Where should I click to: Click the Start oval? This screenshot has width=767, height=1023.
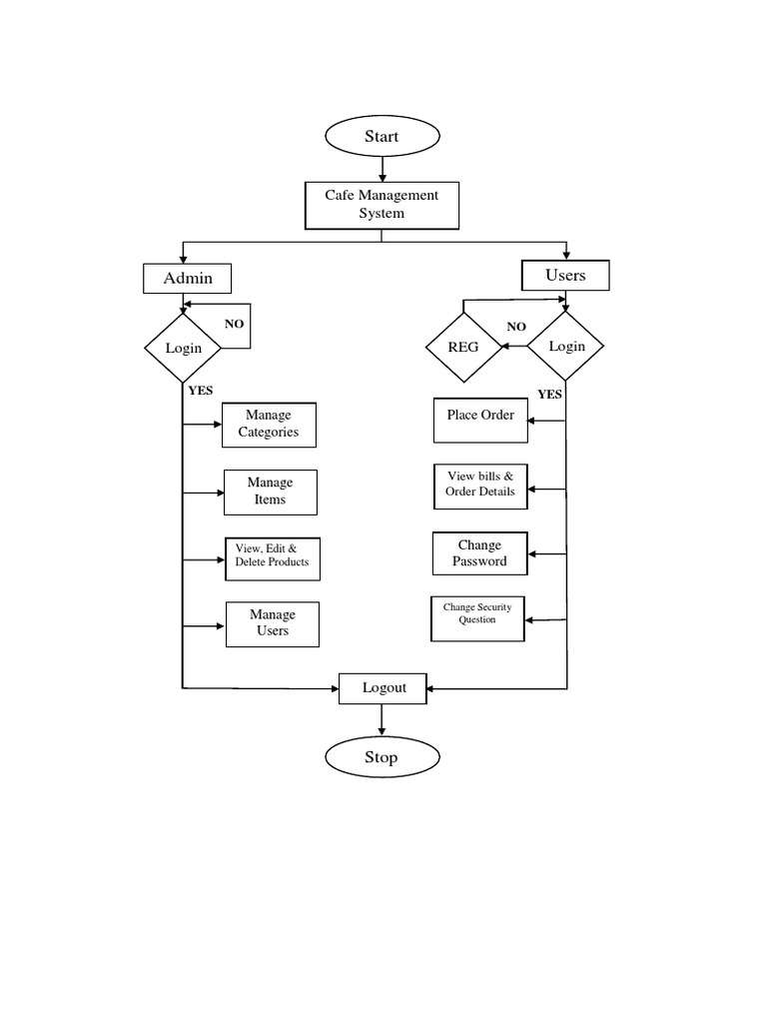coord(382,137)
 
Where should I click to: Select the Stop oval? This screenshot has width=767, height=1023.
coord(382,757)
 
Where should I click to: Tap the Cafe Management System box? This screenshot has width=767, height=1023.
coord(382,205)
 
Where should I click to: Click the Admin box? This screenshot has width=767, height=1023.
coord(188,278)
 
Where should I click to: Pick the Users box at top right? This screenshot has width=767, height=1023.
coord(565,275)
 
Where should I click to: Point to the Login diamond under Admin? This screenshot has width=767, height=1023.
coord(183,348)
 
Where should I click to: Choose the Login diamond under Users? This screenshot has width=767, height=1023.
coord(565,346)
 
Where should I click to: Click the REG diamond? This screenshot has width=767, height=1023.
coord(463,347)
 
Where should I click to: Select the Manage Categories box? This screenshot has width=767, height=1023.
coord(269,424)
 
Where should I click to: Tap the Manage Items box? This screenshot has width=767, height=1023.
coord(270,492)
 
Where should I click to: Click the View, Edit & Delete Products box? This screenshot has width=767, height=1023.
coord(272,555)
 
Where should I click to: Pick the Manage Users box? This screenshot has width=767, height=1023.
coord(272,623)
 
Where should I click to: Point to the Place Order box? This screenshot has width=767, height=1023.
coord(480,420)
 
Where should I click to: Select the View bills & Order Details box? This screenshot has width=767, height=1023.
coord(479,485)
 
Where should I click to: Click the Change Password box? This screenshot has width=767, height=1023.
coord(479,553)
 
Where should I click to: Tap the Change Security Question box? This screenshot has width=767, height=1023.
coord(477,618)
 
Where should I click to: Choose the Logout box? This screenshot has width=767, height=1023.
coord(384,687)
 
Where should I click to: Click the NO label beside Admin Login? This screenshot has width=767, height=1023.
coord(234,325)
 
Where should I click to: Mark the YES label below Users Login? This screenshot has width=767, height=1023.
coord(550,395)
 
